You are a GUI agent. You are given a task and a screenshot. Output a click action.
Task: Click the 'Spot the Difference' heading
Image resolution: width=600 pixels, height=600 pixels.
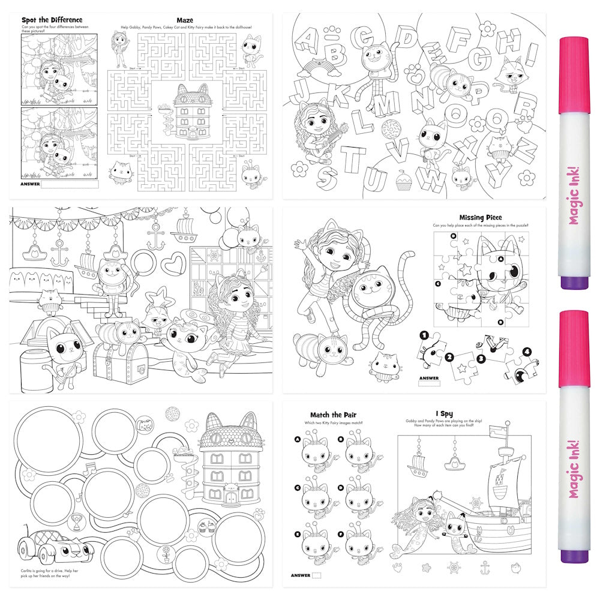[52, 20]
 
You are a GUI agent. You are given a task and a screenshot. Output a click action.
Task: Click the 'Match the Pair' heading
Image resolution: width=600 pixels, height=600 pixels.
[334, 415]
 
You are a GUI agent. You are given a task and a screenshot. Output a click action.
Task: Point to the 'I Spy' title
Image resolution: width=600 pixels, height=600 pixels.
[445, 414]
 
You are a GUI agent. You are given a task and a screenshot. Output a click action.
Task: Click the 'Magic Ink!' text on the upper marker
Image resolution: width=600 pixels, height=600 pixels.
[574, 203]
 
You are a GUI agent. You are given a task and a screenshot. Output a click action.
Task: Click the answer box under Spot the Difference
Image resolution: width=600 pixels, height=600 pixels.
[70, 184]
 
